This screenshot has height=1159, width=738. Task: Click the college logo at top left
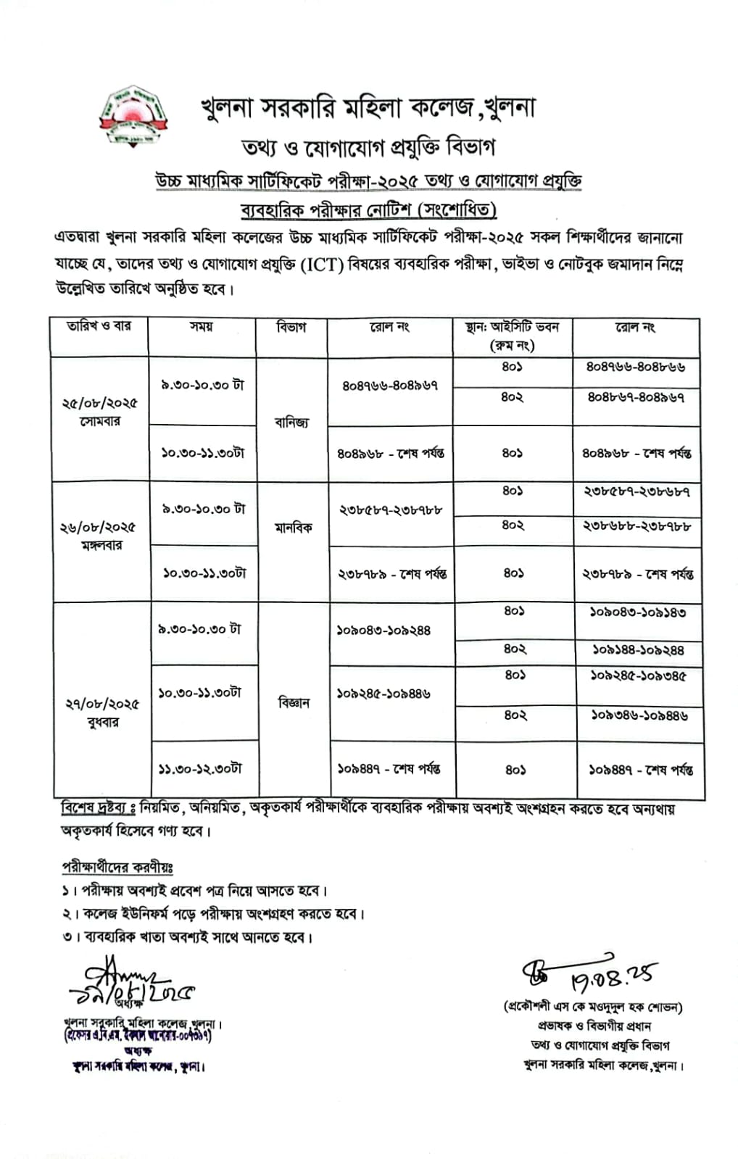(x=133, y=118)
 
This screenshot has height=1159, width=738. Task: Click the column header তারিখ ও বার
(x=99, y=327)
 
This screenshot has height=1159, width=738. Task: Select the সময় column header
(x=202, y=327)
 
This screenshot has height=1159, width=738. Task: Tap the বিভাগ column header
(x=291, y=328)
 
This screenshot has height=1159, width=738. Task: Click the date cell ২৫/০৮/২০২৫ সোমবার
(x=99, y=412)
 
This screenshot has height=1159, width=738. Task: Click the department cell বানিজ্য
(x=291, y=422)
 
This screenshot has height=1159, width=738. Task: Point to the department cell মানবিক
(x=293, y=528)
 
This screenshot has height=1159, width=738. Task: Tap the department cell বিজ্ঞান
(x=294, y=702)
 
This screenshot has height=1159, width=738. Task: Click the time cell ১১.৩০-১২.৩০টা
(x=200, y=768)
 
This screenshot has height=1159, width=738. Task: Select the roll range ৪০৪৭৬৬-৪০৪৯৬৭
(x=390, y=386)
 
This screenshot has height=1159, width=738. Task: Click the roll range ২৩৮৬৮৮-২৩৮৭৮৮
(x=636, y=526)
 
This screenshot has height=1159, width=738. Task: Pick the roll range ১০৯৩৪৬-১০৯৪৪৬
(x=639, y=715)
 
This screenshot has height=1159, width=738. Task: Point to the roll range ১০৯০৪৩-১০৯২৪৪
(x=383, y=631)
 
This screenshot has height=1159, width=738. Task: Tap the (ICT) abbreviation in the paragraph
(x=323, y=265)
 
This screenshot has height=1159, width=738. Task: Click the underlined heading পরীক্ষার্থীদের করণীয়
(x=117, y=867)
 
